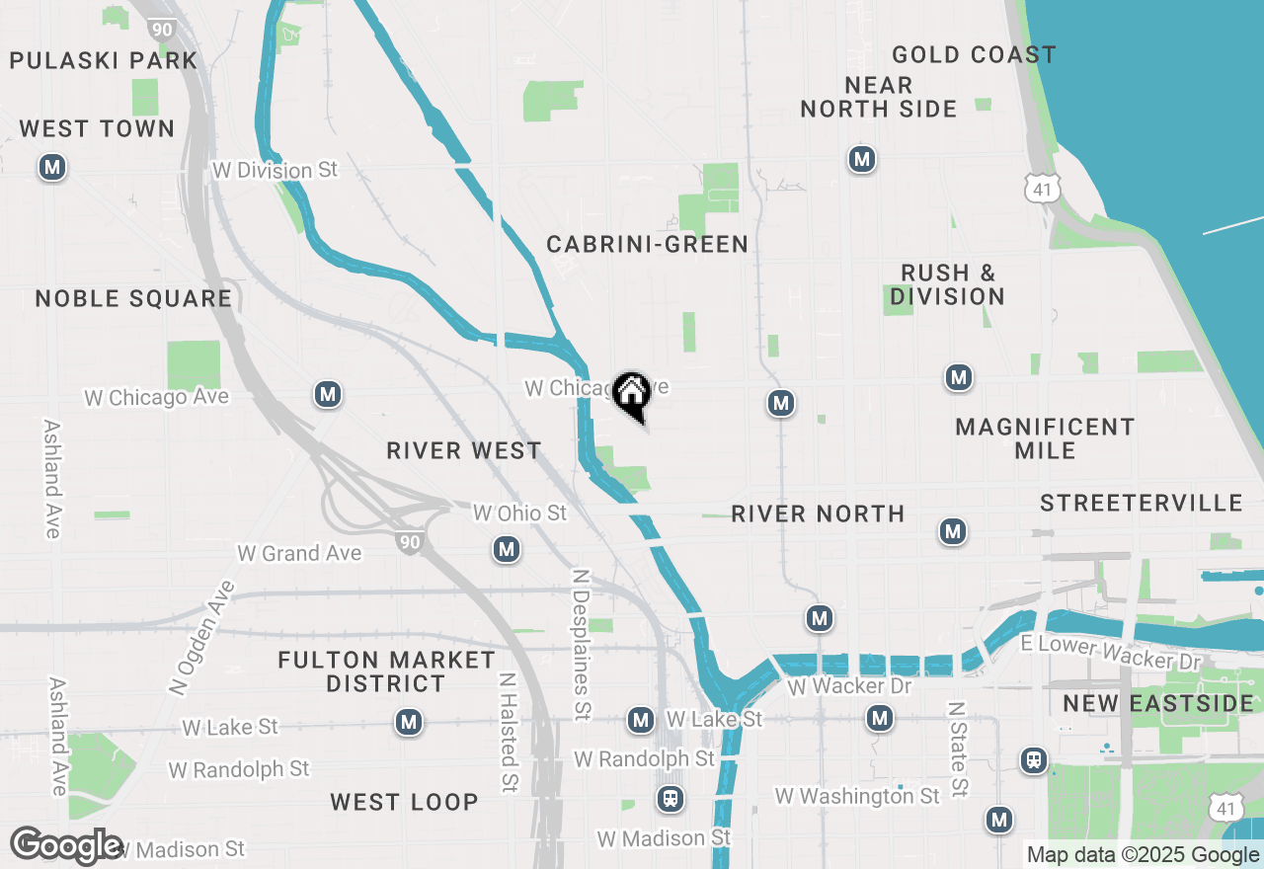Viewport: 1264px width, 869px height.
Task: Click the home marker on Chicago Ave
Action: [631, 394]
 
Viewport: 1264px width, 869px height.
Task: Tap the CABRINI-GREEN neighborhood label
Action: [647, 244]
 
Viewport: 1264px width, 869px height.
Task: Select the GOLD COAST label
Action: [973, 54]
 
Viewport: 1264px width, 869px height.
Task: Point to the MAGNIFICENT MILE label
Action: [1045, 438]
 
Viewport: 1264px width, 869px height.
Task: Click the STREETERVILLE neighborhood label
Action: [1141, 504]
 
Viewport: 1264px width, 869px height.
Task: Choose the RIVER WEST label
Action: [463, 450]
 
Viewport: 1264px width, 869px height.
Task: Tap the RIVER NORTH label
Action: [818, 513]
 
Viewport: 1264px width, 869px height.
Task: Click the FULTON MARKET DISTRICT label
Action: [386, 671]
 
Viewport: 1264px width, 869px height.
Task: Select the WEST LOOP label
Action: [404, 802]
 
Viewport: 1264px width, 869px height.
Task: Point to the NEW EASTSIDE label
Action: [1157, 703]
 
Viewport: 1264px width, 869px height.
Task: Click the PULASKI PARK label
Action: [103, 60]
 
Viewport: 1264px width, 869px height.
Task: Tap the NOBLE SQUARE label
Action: [133, 298]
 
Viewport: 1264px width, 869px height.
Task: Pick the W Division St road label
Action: [275, 170]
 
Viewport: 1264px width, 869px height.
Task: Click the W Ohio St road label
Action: [519, 513]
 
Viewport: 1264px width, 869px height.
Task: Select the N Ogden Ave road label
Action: [202, 637]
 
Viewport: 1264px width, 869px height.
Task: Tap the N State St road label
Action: [956, 750]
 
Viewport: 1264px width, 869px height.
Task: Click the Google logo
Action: [66, 846]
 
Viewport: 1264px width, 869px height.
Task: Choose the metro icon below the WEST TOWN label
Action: [52, 168]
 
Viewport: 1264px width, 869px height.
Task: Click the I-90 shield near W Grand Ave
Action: [410, 540]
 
